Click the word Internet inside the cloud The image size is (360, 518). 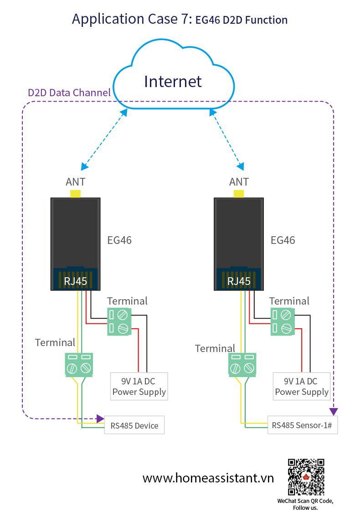173,82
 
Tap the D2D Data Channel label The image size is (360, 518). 69,93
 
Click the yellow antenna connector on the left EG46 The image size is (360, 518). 75,194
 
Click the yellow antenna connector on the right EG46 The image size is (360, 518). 239,194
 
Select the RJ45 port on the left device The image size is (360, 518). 75,279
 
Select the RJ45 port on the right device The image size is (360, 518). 239,279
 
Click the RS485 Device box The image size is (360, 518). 134,425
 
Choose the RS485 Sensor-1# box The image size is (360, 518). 303,425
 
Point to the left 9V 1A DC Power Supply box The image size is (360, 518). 139,387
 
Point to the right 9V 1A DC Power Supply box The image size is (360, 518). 302,387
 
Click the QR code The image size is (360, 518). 306,477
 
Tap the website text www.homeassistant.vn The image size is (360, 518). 208,478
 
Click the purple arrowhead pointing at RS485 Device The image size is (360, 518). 100,419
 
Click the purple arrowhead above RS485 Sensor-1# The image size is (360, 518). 334,412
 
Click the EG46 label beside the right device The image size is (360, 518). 283,240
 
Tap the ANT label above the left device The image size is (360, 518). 75,181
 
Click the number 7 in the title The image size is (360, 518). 185,19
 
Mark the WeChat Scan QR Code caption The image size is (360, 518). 305,504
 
